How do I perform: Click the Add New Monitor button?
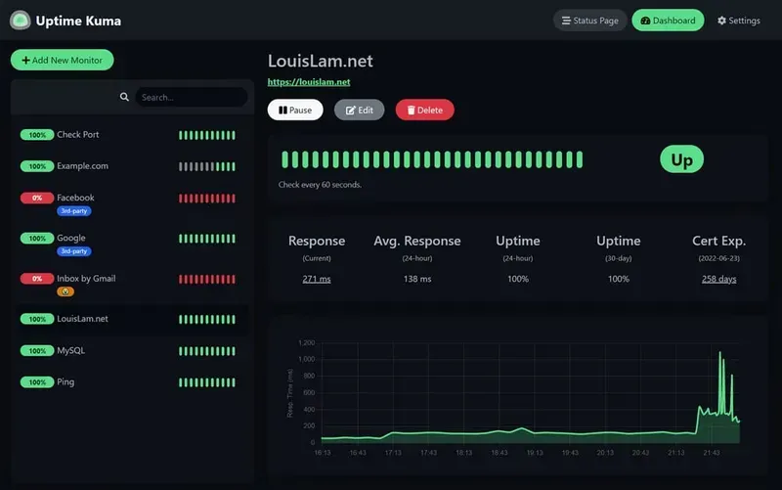62,61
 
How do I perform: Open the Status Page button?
589,21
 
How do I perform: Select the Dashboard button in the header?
668,21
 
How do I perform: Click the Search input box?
191,98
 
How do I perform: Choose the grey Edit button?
359,111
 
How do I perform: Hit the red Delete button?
424,111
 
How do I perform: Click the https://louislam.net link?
309,83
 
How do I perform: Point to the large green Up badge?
681,160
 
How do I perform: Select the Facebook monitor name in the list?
75,198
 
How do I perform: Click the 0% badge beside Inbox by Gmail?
37,279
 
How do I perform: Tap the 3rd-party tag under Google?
73,251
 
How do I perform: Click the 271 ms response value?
317,279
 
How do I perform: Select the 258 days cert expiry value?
718,279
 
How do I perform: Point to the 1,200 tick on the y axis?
306,343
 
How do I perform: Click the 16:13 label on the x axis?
323,453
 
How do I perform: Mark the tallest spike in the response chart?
720,353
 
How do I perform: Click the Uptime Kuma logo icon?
20,21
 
